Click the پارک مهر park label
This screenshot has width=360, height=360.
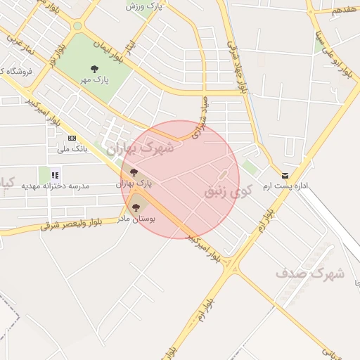[95, 80]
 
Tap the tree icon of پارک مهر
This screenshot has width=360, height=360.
[95, 69]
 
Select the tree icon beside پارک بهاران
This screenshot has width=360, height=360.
[134, 172]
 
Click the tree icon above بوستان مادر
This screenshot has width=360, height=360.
[136, 207]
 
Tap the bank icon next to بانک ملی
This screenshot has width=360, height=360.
[71, 138]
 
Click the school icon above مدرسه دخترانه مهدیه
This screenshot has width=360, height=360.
[55, 174]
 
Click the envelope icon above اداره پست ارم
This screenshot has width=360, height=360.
[285, 175]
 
